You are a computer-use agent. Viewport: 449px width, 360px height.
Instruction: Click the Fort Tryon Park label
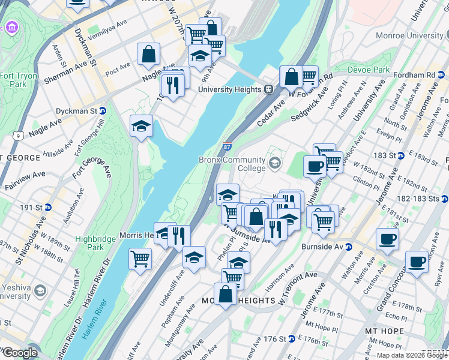[x=13, y=80]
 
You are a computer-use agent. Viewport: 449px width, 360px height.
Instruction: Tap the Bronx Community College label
[x=232, y=164]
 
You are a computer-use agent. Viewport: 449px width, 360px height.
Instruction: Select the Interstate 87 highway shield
[x=227, y=146]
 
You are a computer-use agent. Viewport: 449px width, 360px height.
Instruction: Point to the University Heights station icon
[x=269, y=89]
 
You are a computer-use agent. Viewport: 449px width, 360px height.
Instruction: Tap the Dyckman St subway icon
[x=103, y=111]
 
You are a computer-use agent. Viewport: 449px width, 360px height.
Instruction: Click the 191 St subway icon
[x=48, y=207]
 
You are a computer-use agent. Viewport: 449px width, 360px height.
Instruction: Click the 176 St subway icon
[x=291, y=339]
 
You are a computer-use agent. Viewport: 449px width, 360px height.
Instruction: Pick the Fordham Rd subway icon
[x=444, y=75]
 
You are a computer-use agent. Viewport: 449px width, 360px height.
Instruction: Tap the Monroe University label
[x=409, y=35]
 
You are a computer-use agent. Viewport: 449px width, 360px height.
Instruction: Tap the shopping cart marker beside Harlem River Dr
[x=140, y=259]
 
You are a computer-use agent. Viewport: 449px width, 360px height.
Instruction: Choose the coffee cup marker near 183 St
[x=314, y=166]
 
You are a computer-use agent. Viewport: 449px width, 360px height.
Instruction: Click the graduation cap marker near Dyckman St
[x=141, y=125]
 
